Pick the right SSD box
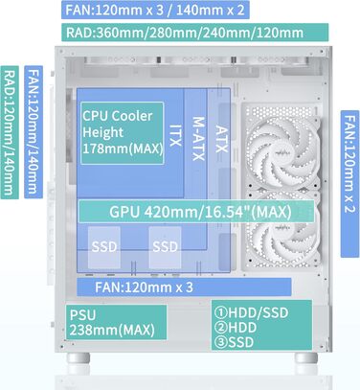165,245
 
